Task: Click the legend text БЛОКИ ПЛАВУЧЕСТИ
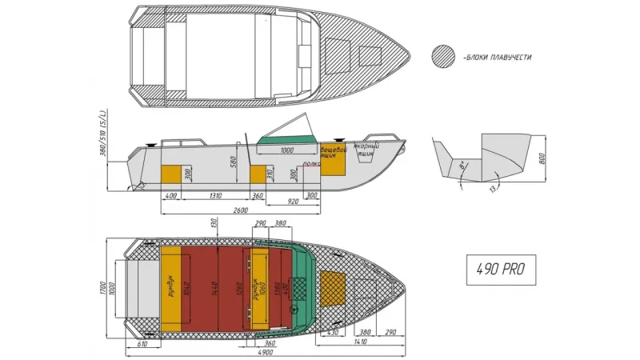[497, 58]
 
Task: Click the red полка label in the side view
[311, 163]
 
